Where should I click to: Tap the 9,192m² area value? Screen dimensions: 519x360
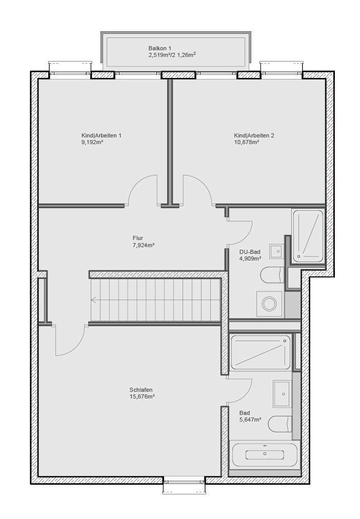(x=92, y=142)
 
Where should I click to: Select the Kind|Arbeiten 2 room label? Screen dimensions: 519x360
(x=254, y=135)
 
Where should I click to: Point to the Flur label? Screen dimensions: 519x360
(x=137, y=238)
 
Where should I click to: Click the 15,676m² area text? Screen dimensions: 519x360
(x=142, y=396)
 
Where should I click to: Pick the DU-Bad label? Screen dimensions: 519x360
(x=250, y=252)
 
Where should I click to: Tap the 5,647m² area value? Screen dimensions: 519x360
(x=250, y=419)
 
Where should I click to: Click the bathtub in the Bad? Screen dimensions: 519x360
(x=265, y=454)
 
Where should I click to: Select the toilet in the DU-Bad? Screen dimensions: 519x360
(x=272, y=275)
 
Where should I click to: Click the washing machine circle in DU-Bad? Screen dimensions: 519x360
(x=269, y=303)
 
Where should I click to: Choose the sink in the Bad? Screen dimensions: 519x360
(x=282, y=393)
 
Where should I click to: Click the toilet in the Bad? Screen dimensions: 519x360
(x=280, y=424)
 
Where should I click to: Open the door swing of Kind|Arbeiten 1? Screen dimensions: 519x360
(x=142, y=190)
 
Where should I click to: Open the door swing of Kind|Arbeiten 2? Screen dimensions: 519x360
(x=197, y=190)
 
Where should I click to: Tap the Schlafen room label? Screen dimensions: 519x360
(x=141, y=390)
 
